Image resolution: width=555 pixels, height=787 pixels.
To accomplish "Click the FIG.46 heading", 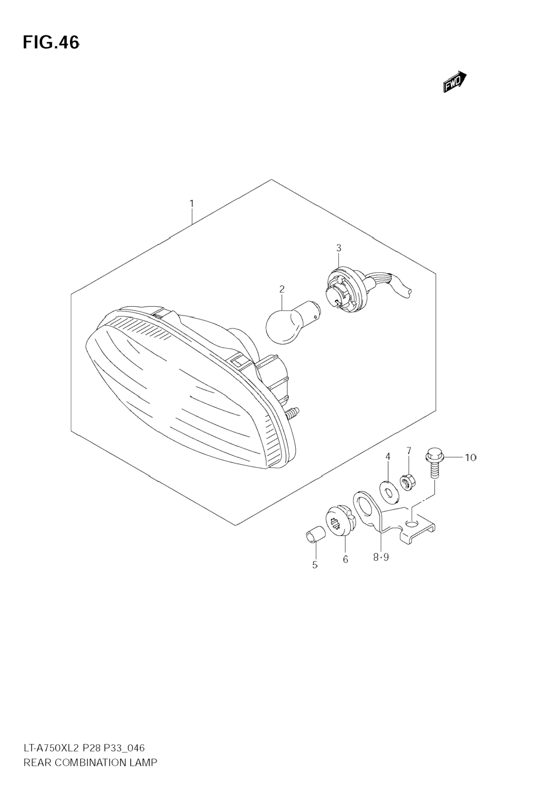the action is [51, 43].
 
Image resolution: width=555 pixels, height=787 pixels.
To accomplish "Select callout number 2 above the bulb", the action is [281, 289].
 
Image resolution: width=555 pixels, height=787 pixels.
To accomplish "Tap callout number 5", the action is [315, 565].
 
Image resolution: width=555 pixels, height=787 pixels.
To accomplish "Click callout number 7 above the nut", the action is [409, 450].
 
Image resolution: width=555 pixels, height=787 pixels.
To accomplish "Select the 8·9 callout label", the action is [381, 558].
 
